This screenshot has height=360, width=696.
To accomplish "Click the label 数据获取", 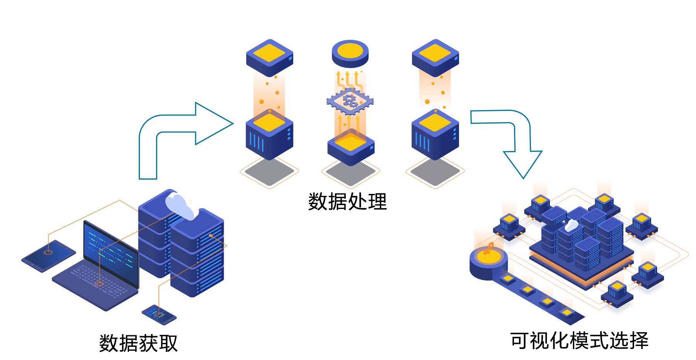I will (138, 343).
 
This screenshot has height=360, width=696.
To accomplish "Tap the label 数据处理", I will (347, 201).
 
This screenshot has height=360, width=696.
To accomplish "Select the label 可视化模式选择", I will (579, 341).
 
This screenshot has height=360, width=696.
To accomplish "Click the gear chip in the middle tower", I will (350, 101).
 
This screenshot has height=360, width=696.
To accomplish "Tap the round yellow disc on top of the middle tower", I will (350, 53).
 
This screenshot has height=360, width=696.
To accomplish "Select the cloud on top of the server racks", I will (180, 206).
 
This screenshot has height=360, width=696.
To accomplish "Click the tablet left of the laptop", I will (48, 255).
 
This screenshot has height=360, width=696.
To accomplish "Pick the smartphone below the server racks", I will (159, 314).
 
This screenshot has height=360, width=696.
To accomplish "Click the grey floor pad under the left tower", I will (269, 172).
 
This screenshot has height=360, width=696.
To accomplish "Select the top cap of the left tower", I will (269, 57).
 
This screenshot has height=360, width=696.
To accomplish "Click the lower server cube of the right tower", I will (435, 135).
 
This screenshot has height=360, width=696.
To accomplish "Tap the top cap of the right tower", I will (435, 57).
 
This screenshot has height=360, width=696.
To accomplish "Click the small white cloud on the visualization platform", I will (571, 226).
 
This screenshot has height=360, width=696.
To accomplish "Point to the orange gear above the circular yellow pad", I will (489, 247).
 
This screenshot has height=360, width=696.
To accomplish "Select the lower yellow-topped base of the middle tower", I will (351, 147).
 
